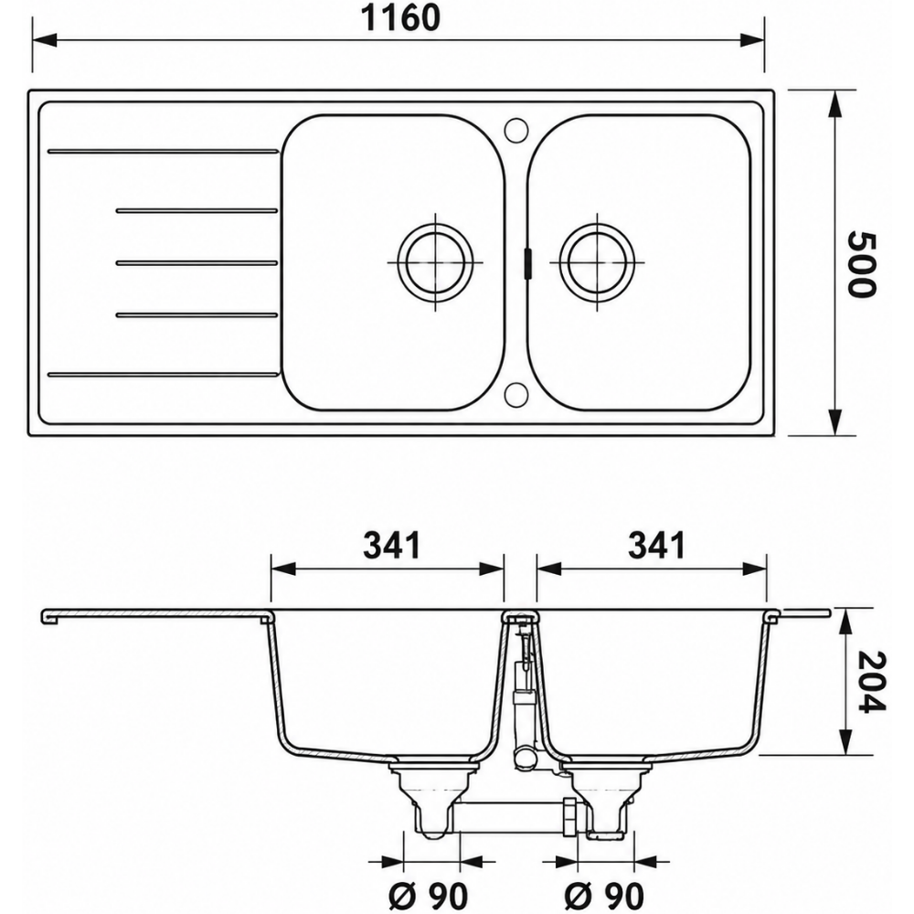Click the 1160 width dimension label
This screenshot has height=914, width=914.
click(400, 18)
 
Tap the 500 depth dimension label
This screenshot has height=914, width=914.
click(860, 263)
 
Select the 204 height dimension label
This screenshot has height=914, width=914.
click(871, 682)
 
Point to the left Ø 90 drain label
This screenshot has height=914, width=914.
click(429, 895)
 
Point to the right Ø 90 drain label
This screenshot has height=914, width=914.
click(604, 895)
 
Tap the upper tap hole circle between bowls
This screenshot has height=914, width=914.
click(515, 130)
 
